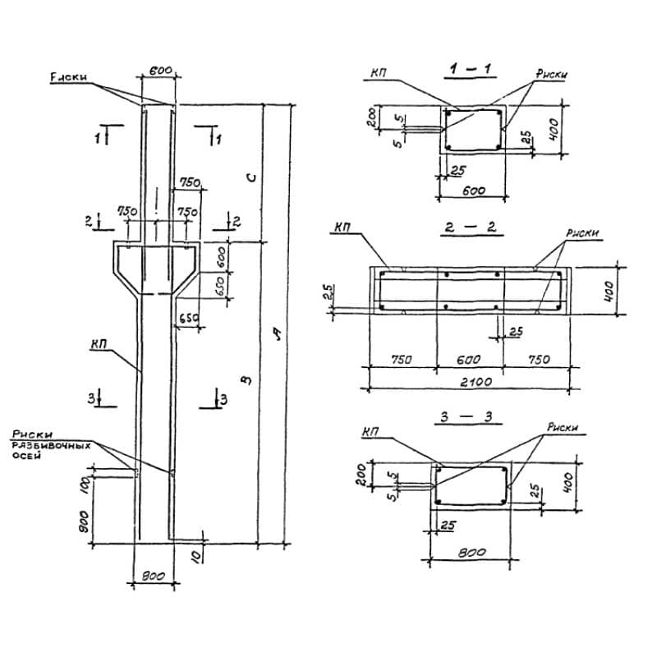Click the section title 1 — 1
click(470, 70)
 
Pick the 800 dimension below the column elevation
click(154, 576)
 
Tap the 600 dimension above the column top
click(161, 71)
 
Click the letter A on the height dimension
click(278, 333)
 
